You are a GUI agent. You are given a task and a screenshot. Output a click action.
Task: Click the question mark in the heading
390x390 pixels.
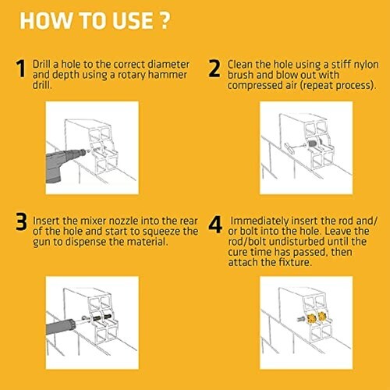pos(164,20)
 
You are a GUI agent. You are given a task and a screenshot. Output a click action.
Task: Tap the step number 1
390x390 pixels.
pos(21,69)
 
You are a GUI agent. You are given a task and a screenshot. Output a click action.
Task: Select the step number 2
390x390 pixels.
pos(214,69)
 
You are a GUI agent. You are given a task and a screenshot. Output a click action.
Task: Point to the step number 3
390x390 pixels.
pos(21,222)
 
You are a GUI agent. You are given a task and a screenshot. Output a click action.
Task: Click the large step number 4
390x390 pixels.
pos(215,225)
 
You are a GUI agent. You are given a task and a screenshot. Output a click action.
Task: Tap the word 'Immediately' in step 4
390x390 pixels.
pos(259,222)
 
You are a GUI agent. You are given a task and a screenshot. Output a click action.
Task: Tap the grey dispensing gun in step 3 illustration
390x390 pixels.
pos(60,325)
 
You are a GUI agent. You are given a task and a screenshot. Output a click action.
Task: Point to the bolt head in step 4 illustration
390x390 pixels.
pos(300,319)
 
